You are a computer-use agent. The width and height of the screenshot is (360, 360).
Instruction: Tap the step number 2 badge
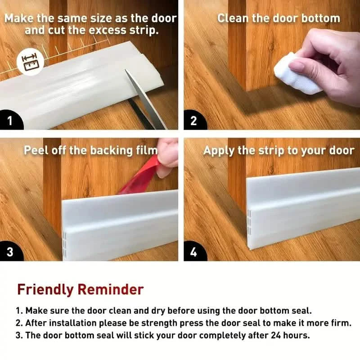point(193,121)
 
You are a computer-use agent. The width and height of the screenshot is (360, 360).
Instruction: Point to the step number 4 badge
point(193,252)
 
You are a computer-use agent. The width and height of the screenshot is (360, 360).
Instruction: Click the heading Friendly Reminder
point(80,289)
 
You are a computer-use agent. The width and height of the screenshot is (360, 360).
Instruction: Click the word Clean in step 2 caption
point(233,18)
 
